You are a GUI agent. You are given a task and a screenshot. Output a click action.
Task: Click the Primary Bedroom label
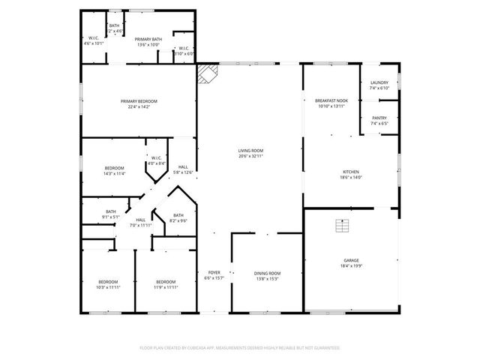pyautogui.click(x=139, y=101)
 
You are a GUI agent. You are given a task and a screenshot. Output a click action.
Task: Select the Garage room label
pyautogui.click(x=351, y=260)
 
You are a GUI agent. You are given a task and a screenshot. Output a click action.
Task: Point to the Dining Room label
pyautogui.click(x=268, y=273)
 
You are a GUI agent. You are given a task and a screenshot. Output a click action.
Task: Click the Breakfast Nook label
pyautogui.click(x=331, y=101)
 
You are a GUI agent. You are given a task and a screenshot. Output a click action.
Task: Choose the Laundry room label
pyautogui.click(x=379, y=83)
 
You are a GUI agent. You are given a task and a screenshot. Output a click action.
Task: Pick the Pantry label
pyautogui.click(x=379, y=117)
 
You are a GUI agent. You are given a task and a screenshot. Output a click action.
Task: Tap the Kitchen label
pyautogui.click(x=351, y=172)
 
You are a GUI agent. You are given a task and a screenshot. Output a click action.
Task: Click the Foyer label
pyautogui.click(x=214, y=273)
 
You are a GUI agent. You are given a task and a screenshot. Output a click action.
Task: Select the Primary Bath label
pyautogui.click(x=148, y=39)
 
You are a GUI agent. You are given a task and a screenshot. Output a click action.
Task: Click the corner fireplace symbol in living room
pyautogui.click(x=207, y=73)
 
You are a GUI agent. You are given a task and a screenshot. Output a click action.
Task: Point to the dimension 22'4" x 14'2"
pyautogui.click(x=139, y=106)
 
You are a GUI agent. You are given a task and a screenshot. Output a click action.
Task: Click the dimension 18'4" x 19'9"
pyautogui.click(x=351, y=265)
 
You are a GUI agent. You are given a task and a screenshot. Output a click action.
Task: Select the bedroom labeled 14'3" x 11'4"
pyautogui.click(x=114, y=168)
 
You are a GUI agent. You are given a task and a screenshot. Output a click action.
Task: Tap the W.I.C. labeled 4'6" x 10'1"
pyautogui.click(x=94, y=39)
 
